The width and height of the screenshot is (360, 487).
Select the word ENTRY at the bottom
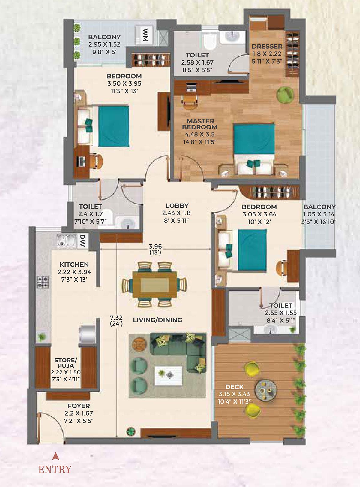tap(55, 469)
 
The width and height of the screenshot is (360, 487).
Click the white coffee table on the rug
tap(168, 375)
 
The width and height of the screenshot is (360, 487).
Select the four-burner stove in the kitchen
tap(42, 282)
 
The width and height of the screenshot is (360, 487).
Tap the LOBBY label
tap(177, 206)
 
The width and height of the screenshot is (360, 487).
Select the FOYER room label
tap(79, 406)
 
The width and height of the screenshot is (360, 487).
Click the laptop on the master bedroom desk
tap(191, 88)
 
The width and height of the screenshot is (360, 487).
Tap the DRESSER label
tap(267, 47)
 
